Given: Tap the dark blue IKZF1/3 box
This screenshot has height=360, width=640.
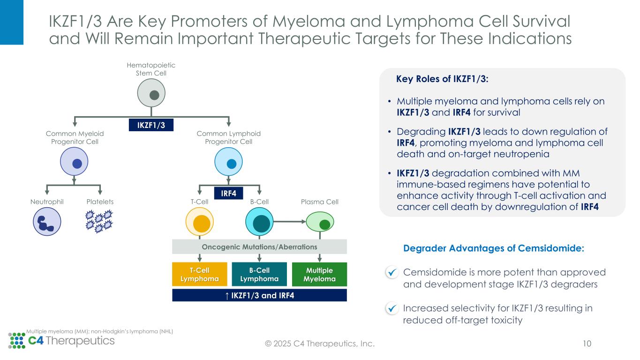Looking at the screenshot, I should pos(151,125).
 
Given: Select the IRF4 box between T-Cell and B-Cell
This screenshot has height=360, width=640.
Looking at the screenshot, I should pos(228,193).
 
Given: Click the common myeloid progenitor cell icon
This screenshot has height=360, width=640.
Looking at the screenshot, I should pos(74,163).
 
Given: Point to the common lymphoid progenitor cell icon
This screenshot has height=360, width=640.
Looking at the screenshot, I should pos(228,163).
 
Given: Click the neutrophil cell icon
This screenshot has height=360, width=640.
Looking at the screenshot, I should pos(47,222).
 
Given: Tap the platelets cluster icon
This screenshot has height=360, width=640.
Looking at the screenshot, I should pos(100,221).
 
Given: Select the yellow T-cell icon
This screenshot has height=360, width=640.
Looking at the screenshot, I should pos(200,222).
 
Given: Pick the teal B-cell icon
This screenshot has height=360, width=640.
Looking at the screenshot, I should pos(259,222).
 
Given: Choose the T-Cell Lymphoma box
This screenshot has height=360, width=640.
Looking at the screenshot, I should pos(199,274).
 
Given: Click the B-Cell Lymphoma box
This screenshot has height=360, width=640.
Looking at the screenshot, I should pos(259,274).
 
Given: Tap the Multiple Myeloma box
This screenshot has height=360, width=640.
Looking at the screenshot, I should pos(319,274).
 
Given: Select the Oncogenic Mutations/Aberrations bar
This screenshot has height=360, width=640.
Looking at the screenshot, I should pos(259,247).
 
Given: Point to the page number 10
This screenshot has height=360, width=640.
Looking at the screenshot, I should pos(587,344).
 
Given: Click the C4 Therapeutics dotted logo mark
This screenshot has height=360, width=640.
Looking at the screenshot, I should pos(17,341).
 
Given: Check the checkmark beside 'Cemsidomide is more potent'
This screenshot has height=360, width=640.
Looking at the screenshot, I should pos(392,272).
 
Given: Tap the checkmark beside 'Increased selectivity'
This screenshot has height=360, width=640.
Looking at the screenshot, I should pos(392,308).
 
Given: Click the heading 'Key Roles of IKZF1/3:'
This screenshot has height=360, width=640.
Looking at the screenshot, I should pos(442,79).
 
